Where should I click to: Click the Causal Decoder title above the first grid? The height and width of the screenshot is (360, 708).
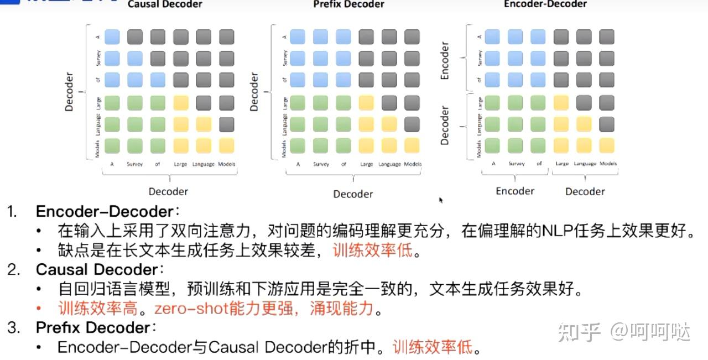click(x=165, y=4)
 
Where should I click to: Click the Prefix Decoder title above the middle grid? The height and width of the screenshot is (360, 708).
click(x=348, y=4)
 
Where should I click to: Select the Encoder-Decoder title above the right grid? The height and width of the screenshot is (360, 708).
click(x=545, y=4)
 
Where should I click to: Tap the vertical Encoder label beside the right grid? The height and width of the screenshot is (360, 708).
click(x=445, y=60)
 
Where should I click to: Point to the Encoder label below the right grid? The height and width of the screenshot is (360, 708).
click(x=515, y=191)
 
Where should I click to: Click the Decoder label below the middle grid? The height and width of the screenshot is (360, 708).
click(x=353, y=194)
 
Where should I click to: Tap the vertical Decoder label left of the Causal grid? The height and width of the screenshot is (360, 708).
click(x=69, y=92)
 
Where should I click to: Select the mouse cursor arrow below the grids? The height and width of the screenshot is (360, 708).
click(x=441, y=200)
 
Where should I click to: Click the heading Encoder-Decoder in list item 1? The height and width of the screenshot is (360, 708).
click(x=105, y=212)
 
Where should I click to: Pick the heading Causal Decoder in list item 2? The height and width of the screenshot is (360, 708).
click(x=97, y=270)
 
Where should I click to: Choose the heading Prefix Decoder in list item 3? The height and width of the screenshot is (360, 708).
click(x=93, y=328)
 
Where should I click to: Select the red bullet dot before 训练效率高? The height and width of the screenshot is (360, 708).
click(x=39, y=309)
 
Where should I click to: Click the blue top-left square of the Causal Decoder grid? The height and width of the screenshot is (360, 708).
click(x=112, y=37)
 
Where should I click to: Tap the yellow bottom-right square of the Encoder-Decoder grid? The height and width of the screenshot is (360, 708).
click(x=607, y=145)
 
